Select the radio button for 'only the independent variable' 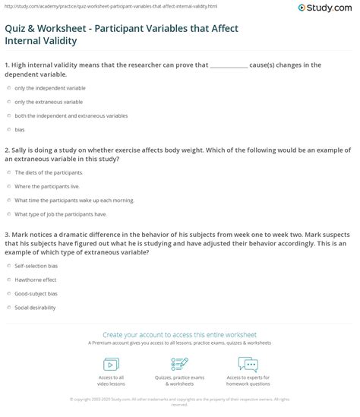click(8, 89)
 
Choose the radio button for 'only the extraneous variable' click(8, 103)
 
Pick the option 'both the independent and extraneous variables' click(8, 116)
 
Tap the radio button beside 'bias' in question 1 click(8, 130)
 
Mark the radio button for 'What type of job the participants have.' click(8, 213)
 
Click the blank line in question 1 click(228, 65)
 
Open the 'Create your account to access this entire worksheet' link click(180, 333)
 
